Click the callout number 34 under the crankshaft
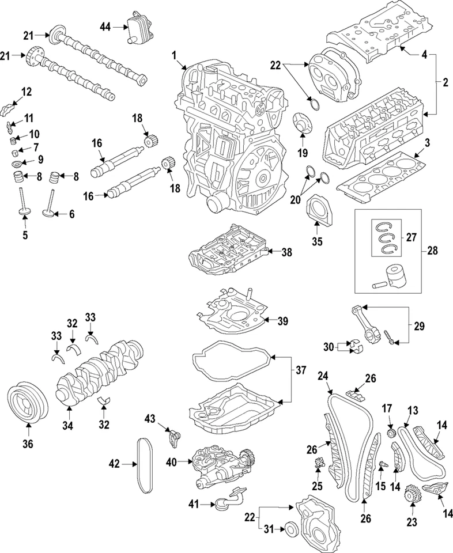(x=68, y=427)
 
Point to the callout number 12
(x=27, y=92)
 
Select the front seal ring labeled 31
(x=293, y=529)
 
